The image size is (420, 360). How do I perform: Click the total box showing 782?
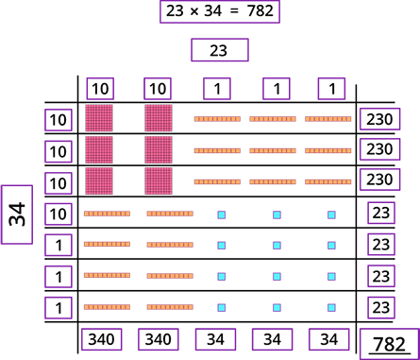click(388, 343)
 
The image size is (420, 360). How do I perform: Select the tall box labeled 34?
click(17, 214)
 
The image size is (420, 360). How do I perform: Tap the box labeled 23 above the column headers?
click(220, 50)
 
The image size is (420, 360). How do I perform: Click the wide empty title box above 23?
click(220, 11)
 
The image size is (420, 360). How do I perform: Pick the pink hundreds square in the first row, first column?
click(99, 118)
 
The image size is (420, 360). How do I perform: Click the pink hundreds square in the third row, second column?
click(159, 180)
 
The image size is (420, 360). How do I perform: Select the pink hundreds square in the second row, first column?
click(99, 149)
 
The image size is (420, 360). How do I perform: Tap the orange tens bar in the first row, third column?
click(217, 119)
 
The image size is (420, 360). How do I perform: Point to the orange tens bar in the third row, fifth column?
click(328, 181)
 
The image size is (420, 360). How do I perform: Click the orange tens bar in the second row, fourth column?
click(273, 150)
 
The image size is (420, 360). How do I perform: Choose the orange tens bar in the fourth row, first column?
click(107, 214)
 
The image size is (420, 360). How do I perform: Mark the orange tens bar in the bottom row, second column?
click(170, 307)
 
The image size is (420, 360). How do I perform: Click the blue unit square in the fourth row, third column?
click(222, 214)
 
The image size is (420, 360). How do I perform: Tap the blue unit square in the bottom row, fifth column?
click(331, 307)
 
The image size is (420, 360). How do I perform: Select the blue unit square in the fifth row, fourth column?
click(277, 245)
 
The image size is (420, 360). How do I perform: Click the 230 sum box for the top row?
click(379, 118)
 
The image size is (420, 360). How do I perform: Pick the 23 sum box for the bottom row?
click(381, 307)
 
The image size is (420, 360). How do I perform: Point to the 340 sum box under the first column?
click(101, 339)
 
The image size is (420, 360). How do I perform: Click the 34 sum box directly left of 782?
click(328, 339)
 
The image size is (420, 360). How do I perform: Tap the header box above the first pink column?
click(100, 89)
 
